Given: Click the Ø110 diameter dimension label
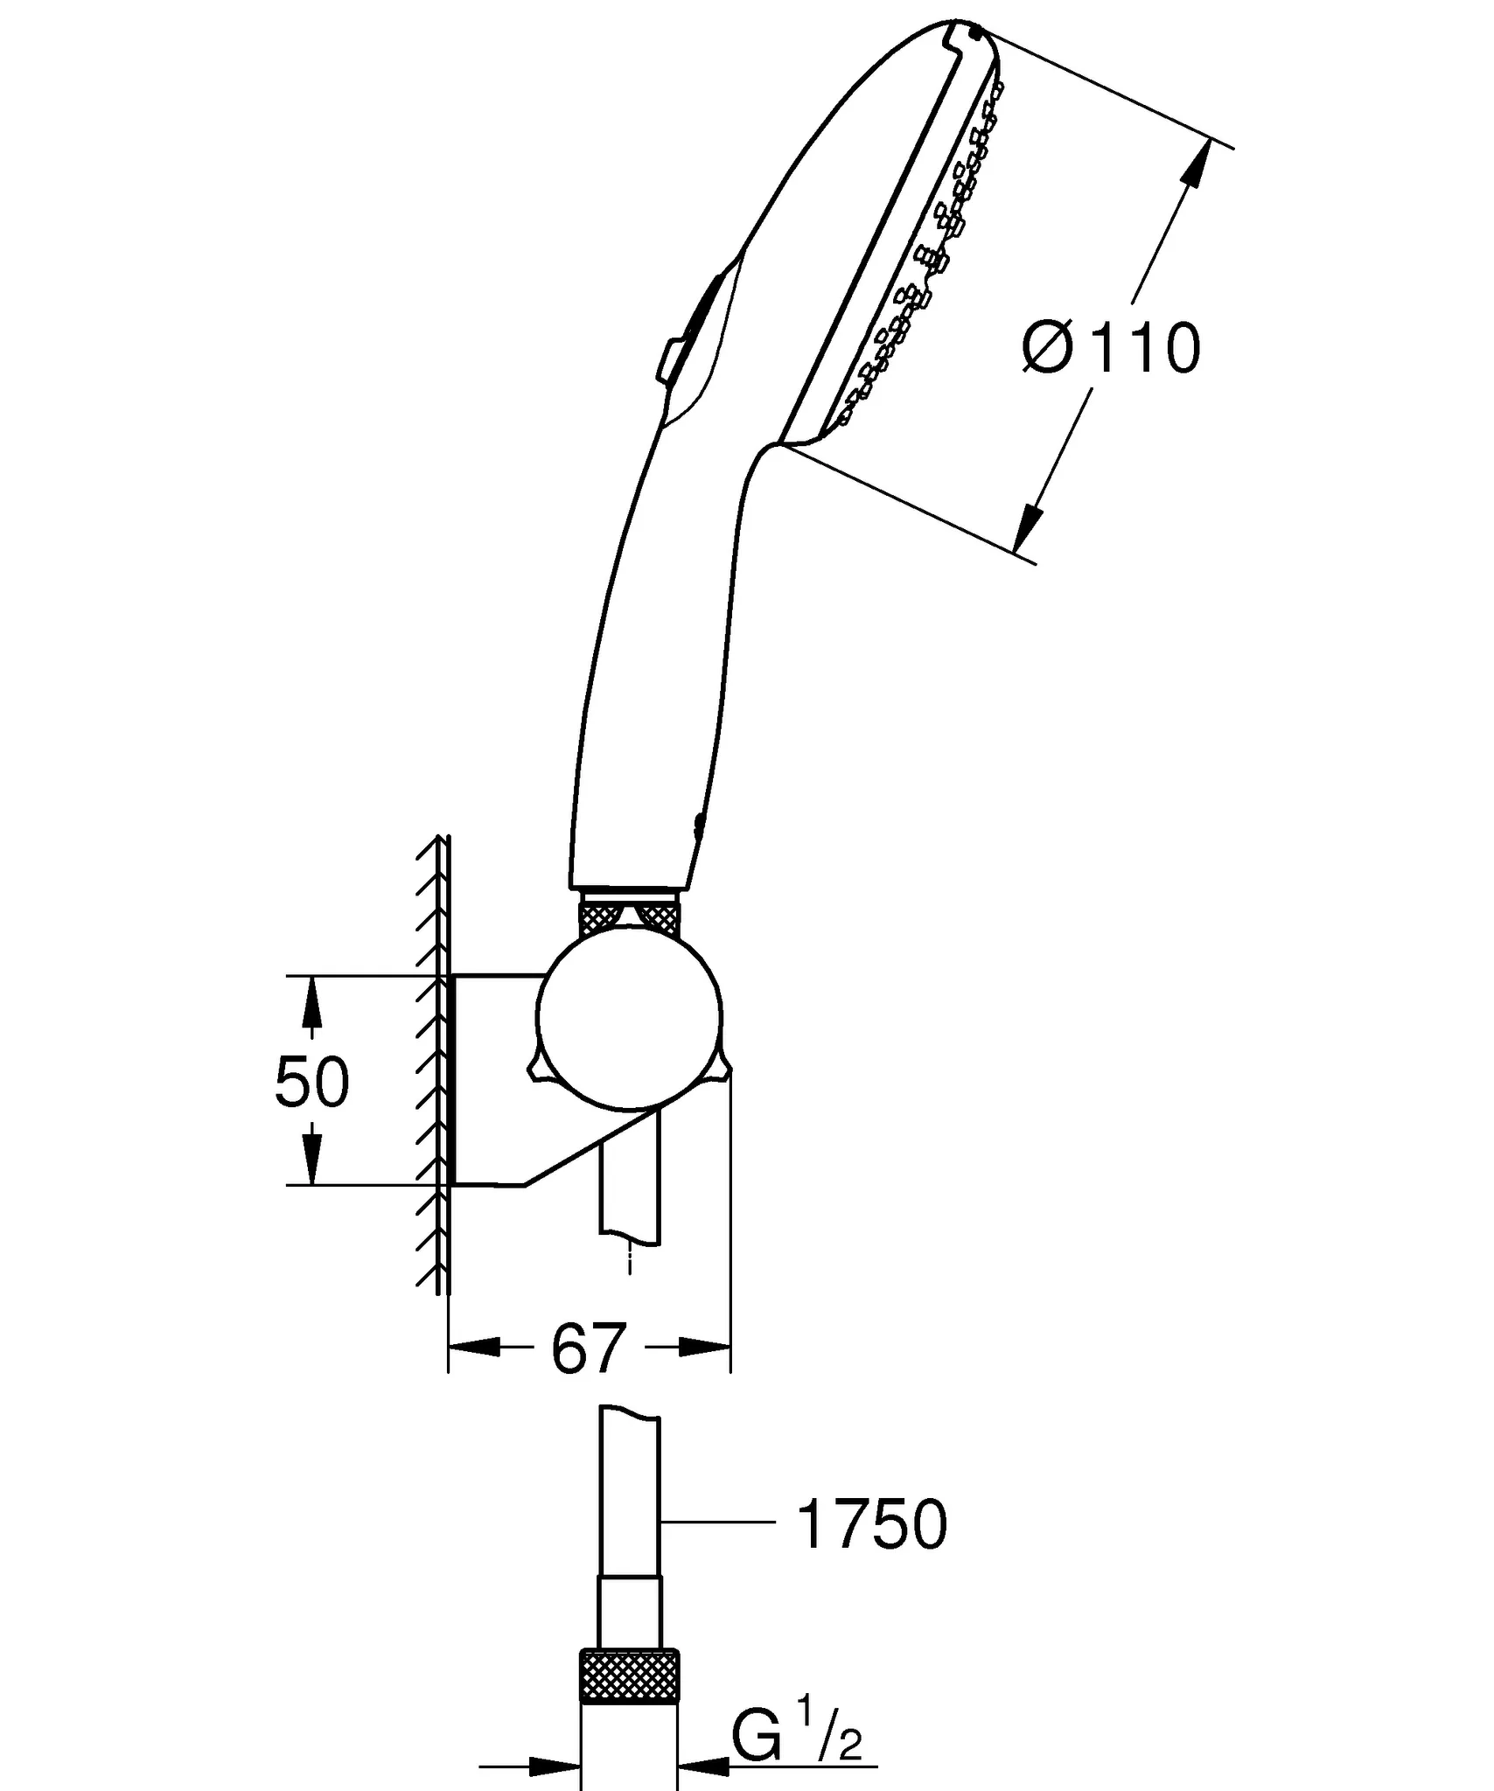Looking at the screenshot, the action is [x=1112, y=349].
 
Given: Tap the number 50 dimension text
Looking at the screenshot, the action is [x=311, y=1082].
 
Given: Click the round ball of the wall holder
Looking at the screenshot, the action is [x=630, y=1015].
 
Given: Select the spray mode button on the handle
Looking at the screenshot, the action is [x=692, y=330].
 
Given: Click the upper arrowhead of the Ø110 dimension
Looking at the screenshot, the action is [x=1199, y=162].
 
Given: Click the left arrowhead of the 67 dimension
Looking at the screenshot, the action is [x=473, y=1348].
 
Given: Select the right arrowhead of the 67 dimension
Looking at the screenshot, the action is [x=704, y=1348].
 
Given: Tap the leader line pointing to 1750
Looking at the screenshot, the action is [x=718, y=1523].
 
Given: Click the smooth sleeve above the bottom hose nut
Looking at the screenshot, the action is [x=630, y=1613].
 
